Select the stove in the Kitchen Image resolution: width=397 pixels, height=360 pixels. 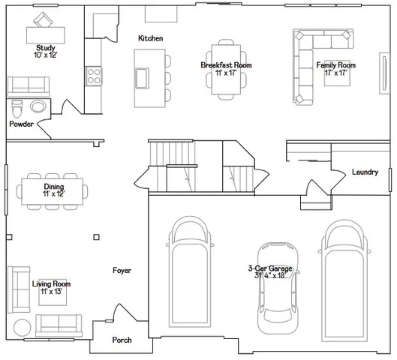point(95,75)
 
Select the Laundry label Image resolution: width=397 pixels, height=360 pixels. point(365,172)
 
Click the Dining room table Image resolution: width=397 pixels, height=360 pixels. point(53,190)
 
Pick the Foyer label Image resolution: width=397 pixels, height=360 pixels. point(122,271)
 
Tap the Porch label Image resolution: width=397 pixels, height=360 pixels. point(122,340)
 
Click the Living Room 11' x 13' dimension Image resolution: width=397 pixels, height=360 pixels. point(51,292)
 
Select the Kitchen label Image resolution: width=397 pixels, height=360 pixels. point(150,38)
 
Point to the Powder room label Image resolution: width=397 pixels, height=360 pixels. point(21,124)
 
